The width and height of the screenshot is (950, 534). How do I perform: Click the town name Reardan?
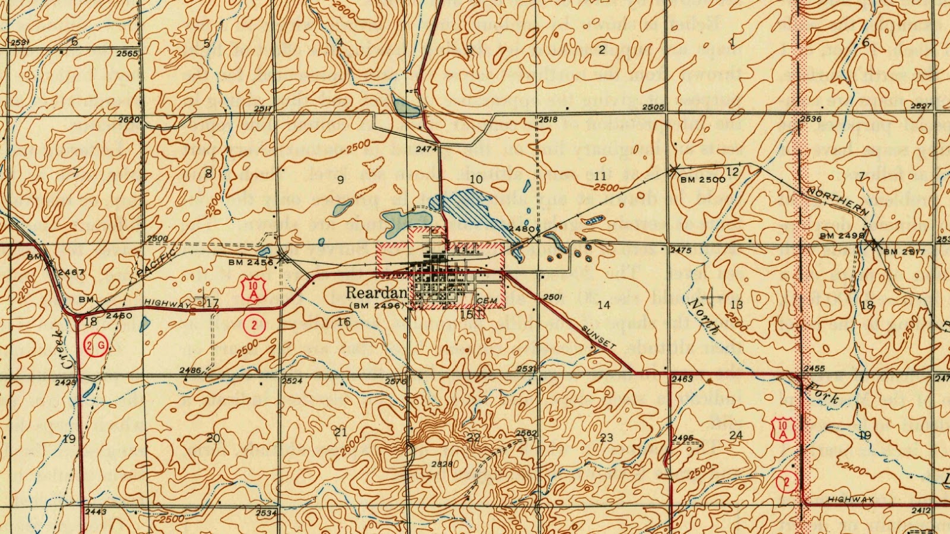[376, 293]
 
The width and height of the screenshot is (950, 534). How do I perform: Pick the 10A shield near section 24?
[783, 428]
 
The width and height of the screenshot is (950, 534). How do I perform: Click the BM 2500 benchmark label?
[702, 179]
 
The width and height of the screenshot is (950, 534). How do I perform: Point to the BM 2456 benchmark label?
[251, 262]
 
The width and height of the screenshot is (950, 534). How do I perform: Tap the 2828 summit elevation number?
[443, 464]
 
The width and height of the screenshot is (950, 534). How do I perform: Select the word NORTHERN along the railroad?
[837, 202]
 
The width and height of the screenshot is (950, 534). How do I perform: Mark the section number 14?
[604, 305]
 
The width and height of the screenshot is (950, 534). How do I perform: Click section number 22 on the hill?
[473, 438]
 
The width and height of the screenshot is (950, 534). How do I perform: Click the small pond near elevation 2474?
[406, 107]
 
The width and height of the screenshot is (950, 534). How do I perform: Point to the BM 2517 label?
[904, 252]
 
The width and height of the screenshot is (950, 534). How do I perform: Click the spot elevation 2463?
[683, 378]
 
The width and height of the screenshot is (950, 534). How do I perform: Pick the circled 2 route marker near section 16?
[254, 325]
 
